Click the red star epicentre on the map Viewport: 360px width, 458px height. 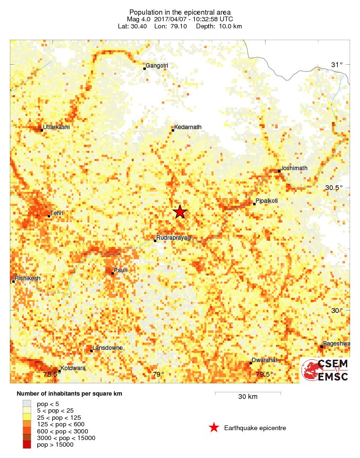point(180,212)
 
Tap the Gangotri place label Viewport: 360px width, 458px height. point(157,66)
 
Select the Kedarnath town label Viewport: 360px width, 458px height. point(188,127)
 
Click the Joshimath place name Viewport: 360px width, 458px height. point(294,168)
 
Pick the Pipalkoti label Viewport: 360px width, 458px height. point(266,201)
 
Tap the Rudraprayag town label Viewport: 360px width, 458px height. point(173,238)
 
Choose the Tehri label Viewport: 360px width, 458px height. point(57,214)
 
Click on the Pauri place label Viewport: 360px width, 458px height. point(121,270)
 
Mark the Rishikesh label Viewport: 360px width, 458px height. point(28,278)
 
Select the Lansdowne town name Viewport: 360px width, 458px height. point(108,348)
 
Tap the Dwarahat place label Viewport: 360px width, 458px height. point(264,360)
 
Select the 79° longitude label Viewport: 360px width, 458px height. point(158,375)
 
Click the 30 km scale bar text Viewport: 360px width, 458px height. point(248,397)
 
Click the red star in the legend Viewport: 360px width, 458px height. point(214,428)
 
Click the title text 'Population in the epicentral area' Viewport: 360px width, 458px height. point(180,12)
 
